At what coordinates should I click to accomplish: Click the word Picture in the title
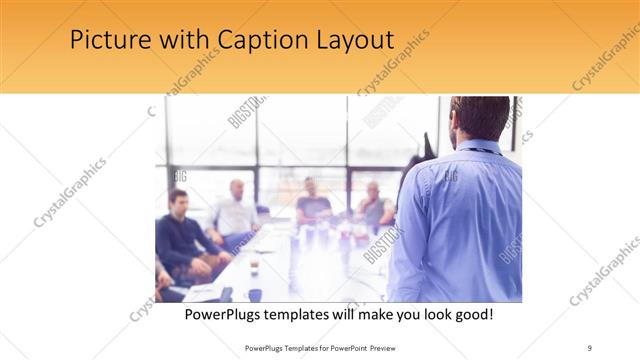105,41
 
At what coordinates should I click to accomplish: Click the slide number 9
589,347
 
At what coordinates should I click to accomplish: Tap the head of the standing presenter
479,118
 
